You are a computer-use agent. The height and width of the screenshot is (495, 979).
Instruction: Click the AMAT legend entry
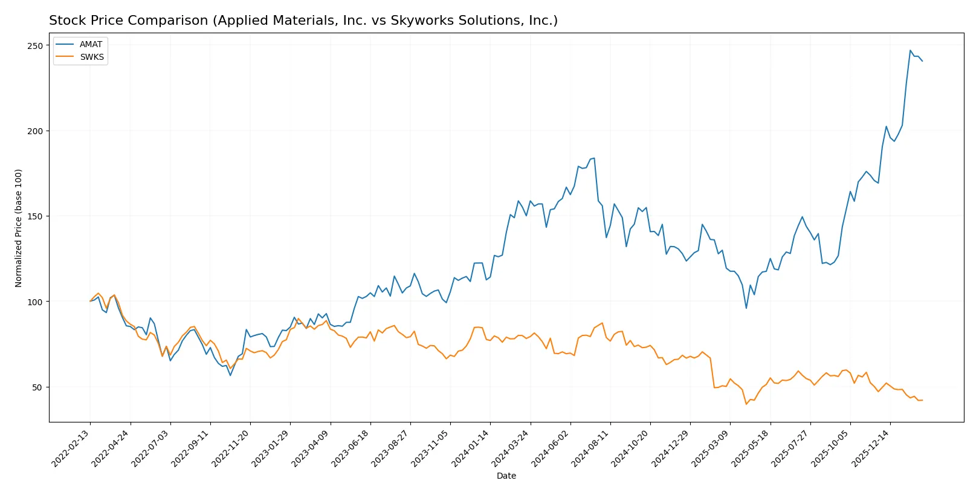(x=91, y=44)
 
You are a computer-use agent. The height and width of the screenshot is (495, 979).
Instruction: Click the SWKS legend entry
(x=92, y=57)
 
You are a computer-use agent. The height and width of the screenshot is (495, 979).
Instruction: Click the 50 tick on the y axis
(x=37, y=387)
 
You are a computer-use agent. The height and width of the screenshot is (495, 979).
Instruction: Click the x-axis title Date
(x=506, y=476)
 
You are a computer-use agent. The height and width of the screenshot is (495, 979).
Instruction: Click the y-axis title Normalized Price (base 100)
(x=19, y=228)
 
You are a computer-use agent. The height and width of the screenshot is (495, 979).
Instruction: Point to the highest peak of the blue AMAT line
(x=910, y=50)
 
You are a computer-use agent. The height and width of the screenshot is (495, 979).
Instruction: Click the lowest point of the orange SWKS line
(x=746, y=404)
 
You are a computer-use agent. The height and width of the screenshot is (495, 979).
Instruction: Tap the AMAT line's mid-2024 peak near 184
(x=594, y=158)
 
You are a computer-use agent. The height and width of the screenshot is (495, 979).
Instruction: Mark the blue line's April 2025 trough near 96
(x=746, y=308)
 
